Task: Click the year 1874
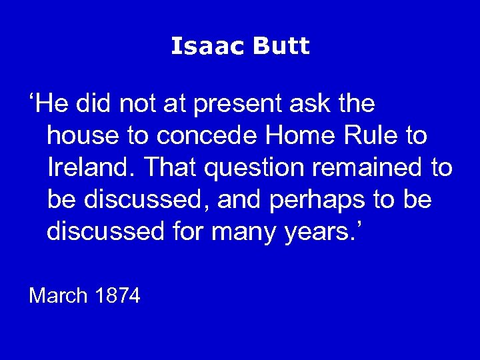117,295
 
